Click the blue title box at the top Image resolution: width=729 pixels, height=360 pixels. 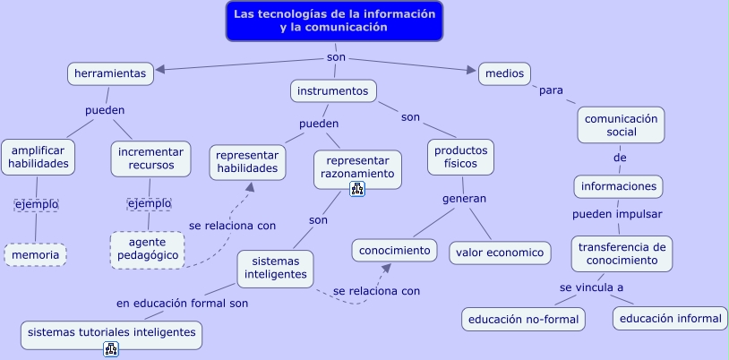334,21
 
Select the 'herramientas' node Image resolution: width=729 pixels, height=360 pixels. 110,73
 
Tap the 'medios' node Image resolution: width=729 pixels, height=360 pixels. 505,73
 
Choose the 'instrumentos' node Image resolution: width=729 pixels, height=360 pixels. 332,90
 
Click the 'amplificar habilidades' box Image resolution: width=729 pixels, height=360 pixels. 39,158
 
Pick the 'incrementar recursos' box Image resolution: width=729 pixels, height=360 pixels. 151,158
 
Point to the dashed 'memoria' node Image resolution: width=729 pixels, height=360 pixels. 36,255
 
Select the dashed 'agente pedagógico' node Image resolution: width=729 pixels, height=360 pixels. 147,250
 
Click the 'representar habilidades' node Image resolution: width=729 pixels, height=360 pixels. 248,160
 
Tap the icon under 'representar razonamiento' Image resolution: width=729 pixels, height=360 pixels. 357,188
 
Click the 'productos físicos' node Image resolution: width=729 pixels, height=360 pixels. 460,158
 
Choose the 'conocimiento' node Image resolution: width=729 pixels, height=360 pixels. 395,251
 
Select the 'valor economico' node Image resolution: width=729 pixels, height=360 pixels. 500,253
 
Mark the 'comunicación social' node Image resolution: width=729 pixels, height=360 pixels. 622,125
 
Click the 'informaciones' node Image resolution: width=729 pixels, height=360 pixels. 618,186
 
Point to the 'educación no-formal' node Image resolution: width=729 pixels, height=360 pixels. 524,319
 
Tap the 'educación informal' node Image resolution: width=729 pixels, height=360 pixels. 670,318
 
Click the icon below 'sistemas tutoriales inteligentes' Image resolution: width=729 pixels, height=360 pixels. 111,349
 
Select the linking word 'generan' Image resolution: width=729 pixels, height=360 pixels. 464,199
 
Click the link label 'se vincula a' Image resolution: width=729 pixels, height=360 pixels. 591,287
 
